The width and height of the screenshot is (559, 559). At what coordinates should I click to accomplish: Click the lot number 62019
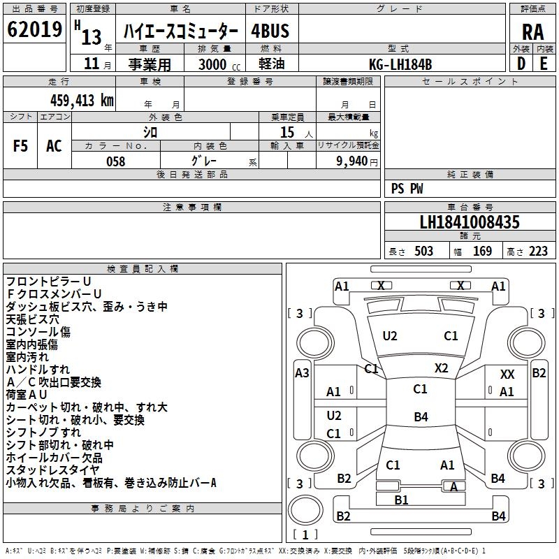[x=34, y=29]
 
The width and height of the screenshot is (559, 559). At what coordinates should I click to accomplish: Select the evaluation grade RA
[x=532, y=32]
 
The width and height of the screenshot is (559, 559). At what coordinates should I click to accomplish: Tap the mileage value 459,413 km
[x=82, y=100]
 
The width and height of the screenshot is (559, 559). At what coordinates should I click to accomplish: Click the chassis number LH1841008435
[x=470, y=222]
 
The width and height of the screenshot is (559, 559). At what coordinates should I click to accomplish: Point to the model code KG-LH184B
[x=400, y=64]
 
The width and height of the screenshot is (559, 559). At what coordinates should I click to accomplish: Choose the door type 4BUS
[x=270, y=31]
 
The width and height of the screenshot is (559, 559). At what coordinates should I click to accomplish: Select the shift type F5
[x=20, y=146]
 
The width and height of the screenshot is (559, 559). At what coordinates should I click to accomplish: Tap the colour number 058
[x=116, y=161]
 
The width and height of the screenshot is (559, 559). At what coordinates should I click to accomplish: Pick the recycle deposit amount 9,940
[x=352, y=161]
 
